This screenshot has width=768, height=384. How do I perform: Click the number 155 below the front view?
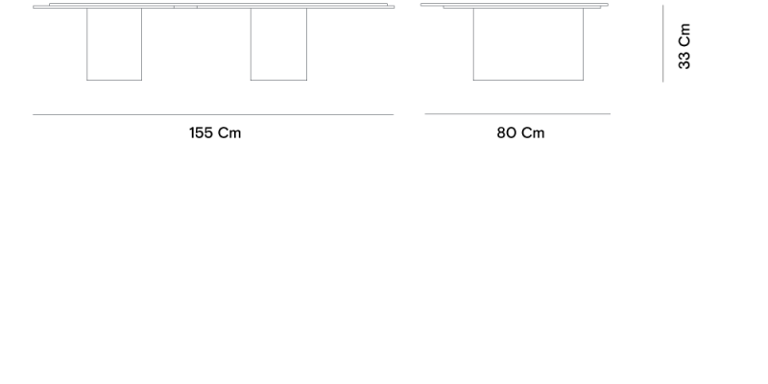click(201, 132)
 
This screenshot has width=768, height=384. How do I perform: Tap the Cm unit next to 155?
click(229, 132)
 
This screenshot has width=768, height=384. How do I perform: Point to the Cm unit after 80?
click(533, 132)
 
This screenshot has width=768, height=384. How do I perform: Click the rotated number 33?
click(684, 60)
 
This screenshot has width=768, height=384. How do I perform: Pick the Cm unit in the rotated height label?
click(684, 35)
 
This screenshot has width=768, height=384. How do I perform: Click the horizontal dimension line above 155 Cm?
click(213, 114)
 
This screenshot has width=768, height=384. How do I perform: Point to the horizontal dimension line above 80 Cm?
click(517, 113)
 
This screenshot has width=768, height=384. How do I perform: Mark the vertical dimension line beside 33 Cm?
click(662, 43)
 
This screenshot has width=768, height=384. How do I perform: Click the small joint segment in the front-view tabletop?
click(185, 7)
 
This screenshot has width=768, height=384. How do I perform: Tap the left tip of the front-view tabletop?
click(34, 7)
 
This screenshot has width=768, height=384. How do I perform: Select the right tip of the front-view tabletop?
click(394, 7)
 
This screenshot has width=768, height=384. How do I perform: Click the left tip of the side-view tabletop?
click(420, 5)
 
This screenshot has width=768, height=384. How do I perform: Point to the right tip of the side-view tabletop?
click(608, 5)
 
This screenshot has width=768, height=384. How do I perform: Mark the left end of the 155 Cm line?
click(33, 114)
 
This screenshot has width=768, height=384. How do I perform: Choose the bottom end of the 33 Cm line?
click(662, 82)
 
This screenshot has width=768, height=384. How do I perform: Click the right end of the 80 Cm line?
click(611, 113)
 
